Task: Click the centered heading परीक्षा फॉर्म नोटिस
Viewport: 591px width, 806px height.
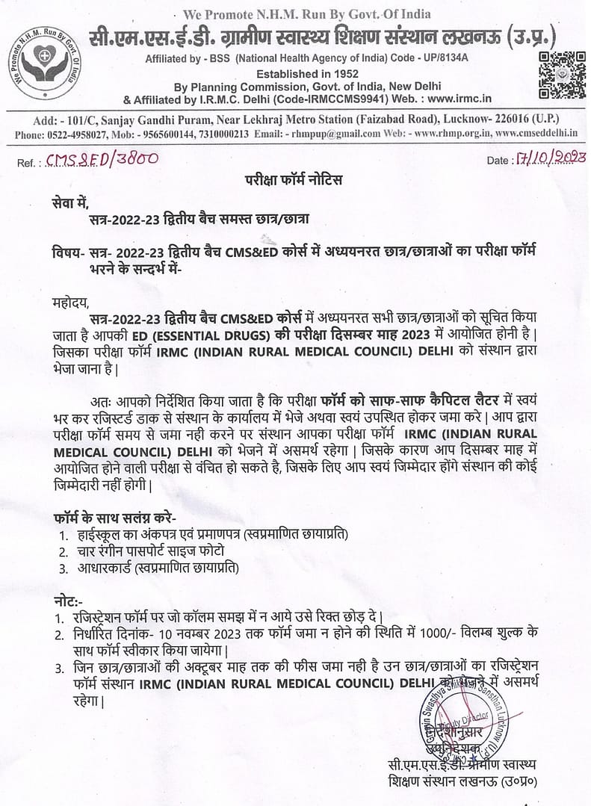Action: [x=295, y=181]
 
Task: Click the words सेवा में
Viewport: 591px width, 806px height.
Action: [x=70, y=201]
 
